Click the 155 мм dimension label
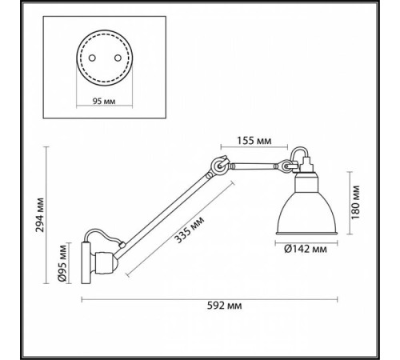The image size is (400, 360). coord(255,141)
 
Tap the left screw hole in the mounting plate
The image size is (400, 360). coord(92,58)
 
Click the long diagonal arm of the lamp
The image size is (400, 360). coord(164,212)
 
